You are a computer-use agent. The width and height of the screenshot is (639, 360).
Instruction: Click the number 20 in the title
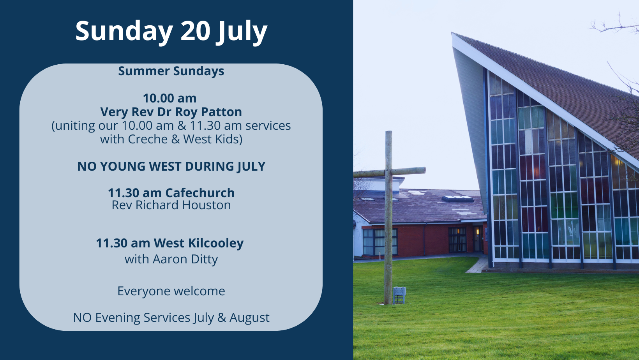click(196, 30)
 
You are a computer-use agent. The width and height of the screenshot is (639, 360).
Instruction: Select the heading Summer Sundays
click(171, 71)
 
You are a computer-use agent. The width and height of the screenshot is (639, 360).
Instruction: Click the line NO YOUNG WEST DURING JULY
click(171, 167)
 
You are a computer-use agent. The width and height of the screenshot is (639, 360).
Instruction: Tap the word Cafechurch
click(200, 193)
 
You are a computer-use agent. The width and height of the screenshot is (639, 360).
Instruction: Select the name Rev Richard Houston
click(171, 205)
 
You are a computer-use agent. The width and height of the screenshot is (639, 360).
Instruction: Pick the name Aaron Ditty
click(185, 259)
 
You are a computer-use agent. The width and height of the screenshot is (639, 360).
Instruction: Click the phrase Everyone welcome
click(171, 291)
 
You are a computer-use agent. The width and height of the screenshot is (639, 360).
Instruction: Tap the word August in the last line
click(249, 318)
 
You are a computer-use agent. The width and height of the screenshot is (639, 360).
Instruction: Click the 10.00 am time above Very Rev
click(170, 99)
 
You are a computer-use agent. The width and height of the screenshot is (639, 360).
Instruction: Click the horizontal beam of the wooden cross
click(389, 172)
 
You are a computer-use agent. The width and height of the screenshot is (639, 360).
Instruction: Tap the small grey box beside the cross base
click(399, 295)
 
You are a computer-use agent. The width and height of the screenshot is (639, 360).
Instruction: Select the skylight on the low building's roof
click(458, 199)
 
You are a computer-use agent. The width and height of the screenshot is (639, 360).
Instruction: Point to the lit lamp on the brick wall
click(478, 232)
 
